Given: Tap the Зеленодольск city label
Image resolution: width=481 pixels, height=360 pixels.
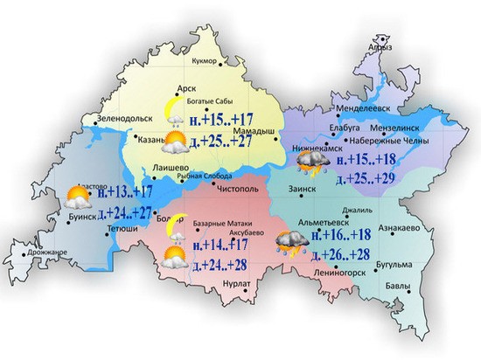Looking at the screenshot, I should tap(100, 118).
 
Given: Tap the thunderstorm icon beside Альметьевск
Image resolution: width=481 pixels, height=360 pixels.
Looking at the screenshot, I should tap(289, 241).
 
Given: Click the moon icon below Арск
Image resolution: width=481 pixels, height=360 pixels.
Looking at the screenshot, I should tap(175, 107).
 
